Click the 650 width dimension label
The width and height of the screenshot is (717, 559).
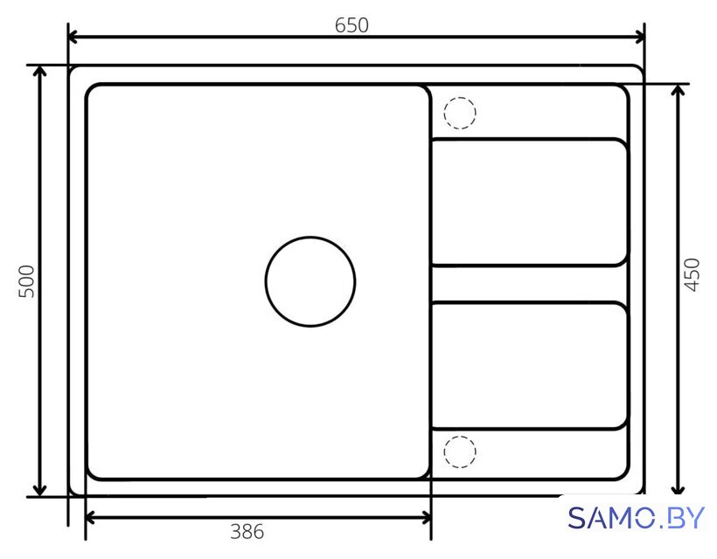[352, 25]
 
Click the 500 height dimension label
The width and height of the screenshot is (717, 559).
[26, 281]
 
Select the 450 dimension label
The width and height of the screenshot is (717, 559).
[693, 274]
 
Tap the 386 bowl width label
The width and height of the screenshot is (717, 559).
[247, 532]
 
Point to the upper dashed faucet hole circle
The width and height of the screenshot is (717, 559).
[460, 98]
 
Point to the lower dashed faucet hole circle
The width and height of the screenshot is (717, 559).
[460, 437]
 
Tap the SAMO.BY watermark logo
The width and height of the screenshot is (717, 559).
[636, 518]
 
